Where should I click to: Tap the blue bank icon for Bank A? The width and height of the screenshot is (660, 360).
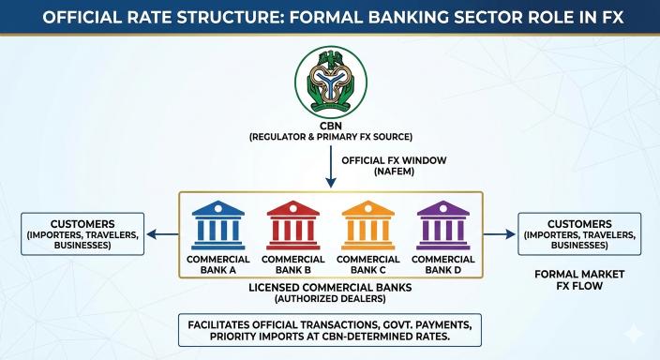tap(217, 222)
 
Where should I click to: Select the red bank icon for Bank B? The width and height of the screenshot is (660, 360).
tap(292, 222)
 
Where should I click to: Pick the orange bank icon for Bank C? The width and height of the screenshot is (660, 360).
tap(367, 222)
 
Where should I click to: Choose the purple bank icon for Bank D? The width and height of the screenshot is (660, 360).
tap(442, 222)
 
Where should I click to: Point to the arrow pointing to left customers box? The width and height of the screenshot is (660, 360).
tap(165, 236)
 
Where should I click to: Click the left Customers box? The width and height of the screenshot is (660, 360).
tap(82, 233)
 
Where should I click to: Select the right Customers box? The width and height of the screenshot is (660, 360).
tap(578, 233)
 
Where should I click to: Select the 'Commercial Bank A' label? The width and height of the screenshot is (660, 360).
tap(218, 264)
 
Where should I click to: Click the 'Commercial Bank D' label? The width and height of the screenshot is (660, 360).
tap(442, 264)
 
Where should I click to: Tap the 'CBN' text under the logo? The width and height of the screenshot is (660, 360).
tap(329, 125)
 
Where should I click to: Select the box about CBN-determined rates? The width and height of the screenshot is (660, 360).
tap(330, 330)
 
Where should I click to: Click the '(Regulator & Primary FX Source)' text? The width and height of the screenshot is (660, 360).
tap(329, 138)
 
